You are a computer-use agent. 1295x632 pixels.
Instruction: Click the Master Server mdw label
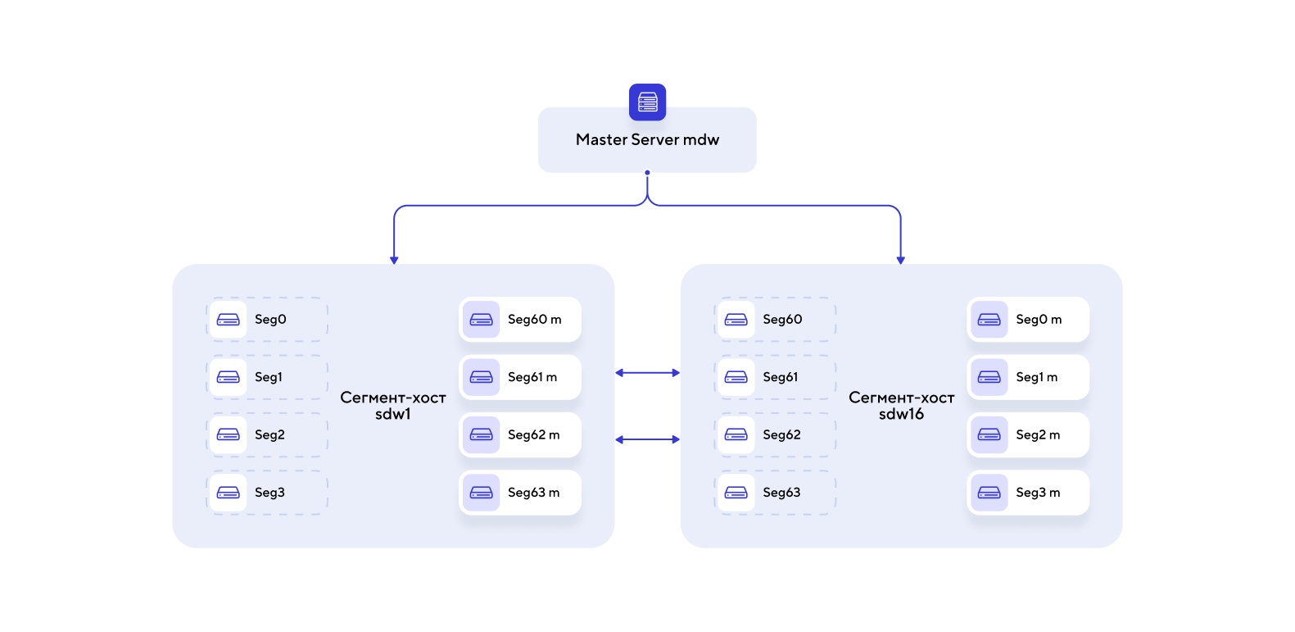pos(647,140)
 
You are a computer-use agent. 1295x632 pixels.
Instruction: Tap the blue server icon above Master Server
pos(647,102)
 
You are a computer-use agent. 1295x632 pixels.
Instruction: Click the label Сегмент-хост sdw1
pos(393,406)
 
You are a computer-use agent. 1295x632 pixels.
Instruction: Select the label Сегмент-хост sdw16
pos(901,406)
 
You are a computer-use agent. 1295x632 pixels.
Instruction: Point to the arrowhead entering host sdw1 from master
pos(394,260)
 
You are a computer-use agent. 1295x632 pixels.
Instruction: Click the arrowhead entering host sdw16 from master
pos(901,260)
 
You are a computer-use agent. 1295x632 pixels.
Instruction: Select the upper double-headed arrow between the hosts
pos(647,373)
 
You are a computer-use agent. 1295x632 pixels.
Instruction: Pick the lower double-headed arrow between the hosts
pos(647,439)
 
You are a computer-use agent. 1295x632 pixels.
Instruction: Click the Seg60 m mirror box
pos(520,320)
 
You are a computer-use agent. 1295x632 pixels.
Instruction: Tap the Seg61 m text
pos(532,377)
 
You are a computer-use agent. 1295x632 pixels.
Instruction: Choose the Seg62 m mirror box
pos(520,434)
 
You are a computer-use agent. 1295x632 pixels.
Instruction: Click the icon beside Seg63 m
pos(481,493)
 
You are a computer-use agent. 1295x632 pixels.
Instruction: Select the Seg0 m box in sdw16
pos(1028,320)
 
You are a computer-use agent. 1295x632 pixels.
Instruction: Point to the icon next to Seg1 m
pos(989,377)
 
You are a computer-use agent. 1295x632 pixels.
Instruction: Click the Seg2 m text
pos(1038,434)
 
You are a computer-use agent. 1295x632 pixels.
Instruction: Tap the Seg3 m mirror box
pos(1028,493)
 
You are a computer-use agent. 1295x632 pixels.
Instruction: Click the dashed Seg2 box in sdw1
pos(267,434)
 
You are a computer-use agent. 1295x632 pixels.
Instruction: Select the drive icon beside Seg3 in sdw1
pos(228,493)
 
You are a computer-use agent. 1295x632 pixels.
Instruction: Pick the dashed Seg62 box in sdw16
pos(775,434)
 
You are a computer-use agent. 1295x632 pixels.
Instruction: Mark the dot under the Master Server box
pos(647,173)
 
